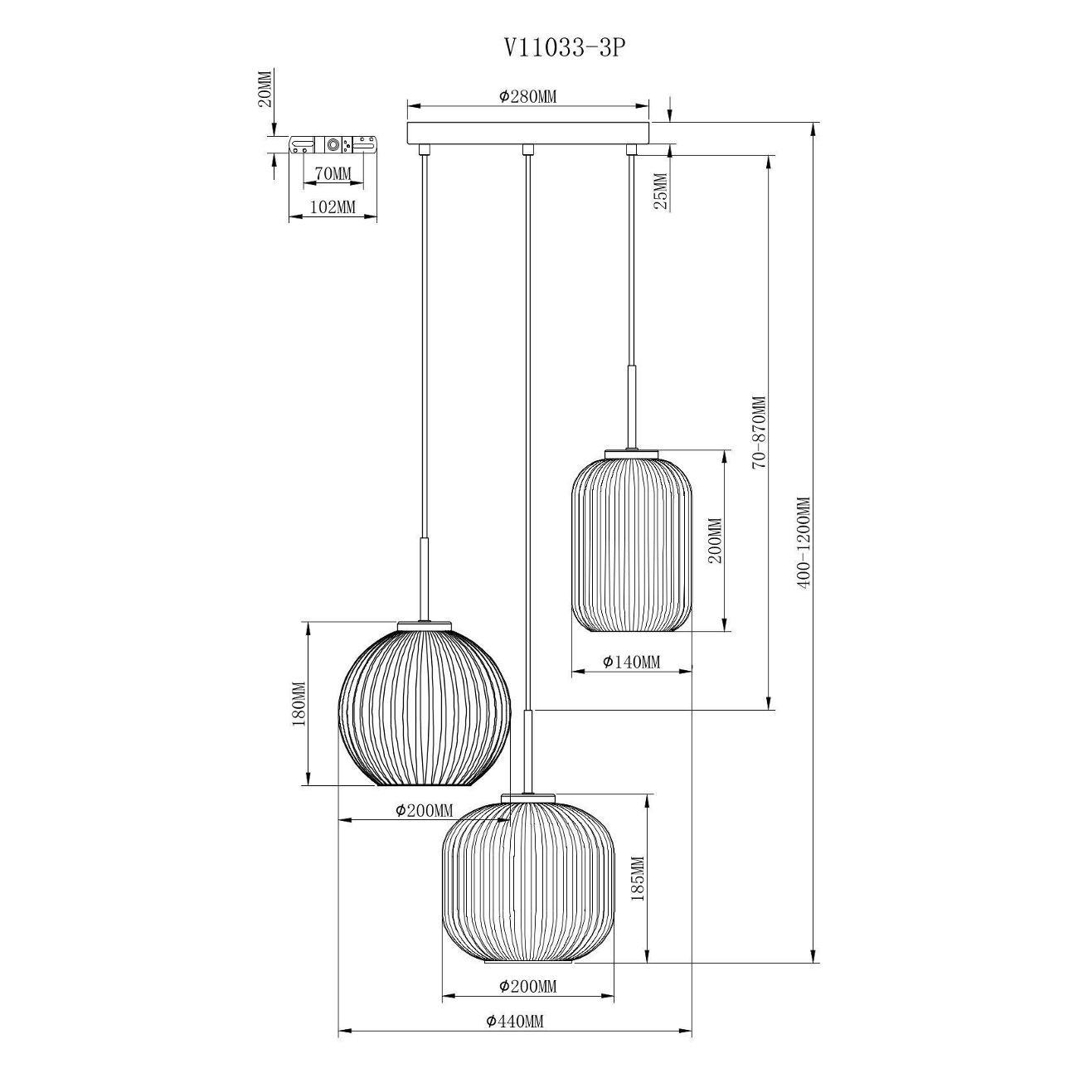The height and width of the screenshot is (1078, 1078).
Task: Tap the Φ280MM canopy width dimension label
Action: (x=527, y=97)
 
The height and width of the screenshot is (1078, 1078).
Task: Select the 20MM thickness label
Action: (x=266, y=89)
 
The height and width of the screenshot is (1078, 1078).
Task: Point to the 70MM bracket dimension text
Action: (x=333, y=173)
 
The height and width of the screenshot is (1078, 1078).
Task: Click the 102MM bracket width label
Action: (x=333, y=207)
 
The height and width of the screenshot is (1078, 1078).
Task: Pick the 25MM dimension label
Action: (x=661, y=191)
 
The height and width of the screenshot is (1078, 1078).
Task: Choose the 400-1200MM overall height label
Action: (x=804, y=542)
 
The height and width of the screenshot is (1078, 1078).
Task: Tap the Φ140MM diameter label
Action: (x=632, y=663)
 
